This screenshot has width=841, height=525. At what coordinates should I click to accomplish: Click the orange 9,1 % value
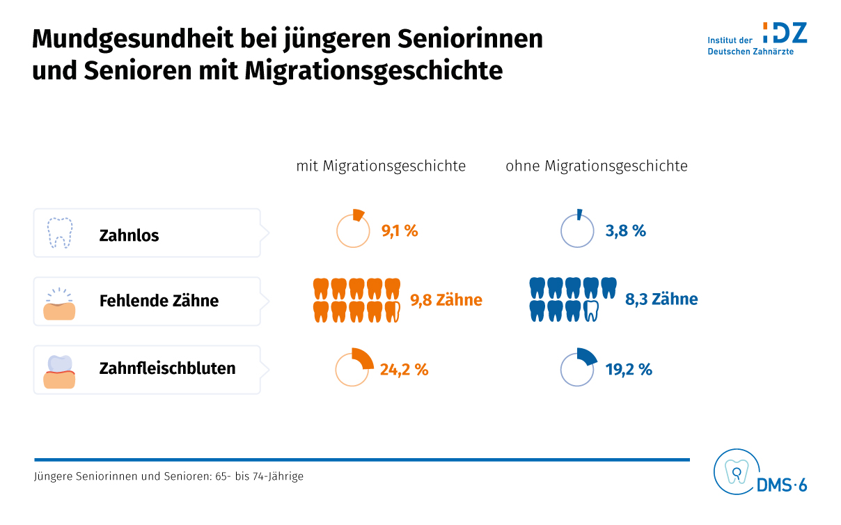(400, 231)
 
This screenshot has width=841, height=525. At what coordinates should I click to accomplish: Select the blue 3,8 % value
(625, 231)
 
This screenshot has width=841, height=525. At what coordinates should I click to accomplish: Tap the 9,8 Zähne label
(446, 300)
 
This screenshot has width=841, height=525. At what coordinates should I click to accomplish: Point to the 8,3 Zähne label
(661, 299)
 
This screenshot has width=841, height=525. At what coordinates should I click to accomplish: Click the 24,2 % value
(404, 370)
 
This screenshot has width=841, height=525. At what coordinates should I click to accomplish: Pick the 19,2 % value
(629, 370)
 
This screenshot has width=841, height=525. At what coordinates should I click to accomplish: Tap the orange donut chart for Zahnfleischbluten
(353, 368)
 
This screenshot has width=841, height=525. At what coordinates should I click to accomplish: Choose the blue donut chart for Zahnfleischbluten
(577, 368)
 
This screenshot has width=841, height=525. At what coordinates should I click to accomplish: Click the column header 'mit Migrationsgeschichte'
(381, 166)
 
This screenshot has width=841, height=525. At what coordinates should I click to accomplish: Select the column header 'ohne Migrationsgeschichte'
(597, 166)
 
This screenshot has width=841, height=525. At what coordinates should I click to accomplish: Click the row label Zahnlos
(129, 235)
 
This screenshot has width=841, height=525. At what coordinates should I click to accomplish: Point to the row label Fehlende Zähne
(159, 301)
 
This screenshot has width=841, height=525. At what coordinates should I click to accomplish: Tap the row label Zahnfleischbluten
(167, 368)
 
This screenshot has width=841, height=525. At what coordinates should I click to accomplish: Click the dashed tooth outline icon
(59, 233)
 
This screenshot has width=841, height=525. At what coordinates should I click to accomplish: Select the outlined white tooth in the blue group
(590, 311)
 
